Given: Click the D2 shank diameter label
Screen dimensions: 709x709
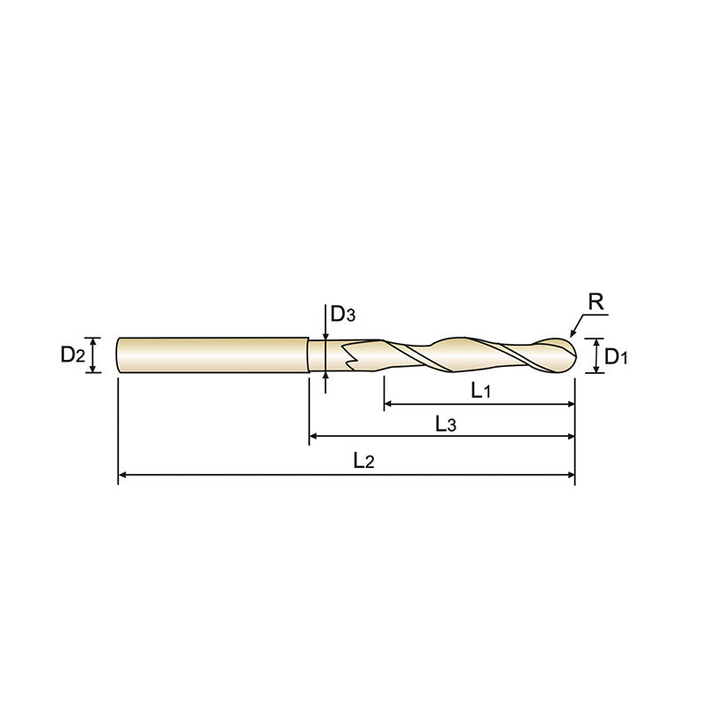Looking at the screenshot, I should [x=73, y=355].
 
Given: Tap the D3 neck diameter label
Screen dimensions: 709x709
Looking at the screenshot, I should [x=343, y=314].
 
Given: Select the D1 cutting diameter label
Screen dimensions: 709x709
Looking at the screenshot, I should [x=616, y=357].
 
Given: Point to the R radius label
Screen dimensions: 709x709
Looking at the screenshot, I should [x=596, y=302].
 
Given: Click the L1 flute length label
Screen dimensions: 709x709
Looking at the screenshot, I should [x=480, y=391].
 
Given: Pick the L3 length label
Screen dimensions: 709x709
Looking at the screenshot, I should [x=446, y=425].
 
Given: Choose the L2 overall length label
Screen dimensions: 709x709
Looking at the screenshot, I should [x=362, y=461].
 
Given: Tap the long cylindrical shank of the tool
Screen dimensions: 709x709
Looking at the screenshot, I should [x=213, y=355].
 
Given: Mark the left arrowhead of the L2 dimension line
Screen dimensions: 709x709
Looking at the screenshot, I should [x=124, y=477].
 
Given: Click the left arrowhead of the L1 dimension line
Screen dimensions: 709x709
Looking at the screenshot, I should [x=390, y=405].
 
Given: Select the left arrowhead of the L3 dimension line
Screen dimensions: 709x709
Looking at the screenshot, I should [x=316, y=437].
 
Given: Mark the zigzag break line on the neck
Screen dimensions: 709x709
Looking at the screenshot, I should [x=349, y=356].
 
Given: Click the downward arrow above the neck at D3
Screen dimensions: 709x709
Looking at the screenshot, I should [x=327, y=335].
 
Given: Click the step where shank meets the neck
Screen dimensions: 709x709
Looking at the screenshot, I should [x=308, y=355].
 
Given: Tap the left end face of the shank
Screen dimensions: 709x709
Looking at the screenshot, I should [x=119, y=355].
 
